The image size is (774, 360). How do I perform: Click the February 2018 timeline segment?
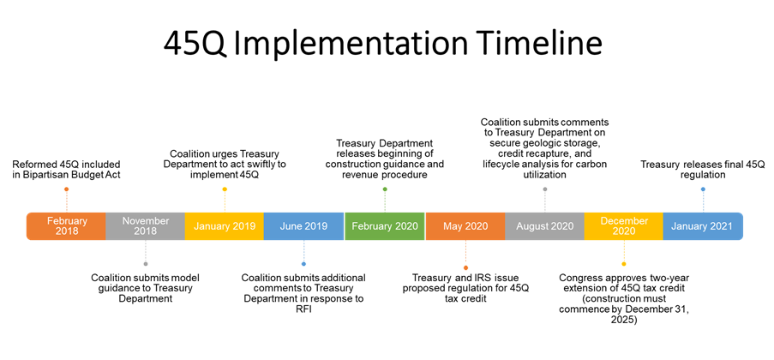pyautogui.click(x=67, y=226)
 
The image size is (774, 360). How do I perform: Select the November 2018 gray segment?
pyautogui.click(x=146, y=226)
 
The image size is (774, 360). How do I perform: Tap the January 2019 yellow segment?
pyautogui.click(x=225, y=226)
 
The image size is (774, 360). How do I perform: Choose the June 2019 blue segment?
pyautogui.click(x=303, y=226)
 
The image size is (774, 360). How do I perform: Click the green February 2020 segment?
pyautogui.click(x=385, y=226)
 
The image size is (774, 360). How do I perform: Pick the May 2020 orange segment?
pyautogui.click(x=465, y=226)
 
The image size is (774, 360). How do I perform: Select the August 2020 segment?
pyautogui.click(x=544, y=226)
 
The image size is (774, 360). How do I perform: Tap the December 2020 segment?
pyautogui.click(x=624, y=226)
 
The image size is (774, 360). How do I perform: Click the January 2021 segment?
pyautogui.click(x=702, y=226)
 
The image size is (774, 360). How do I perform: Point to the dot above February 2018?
pyautogui.click(x=66, y=189)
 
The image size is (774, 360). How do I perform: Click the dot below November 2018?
pyautogui.click(x=146, y=264)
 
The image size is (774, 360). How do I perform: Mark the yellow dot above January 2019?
pyautogui.click(x=225, y=189)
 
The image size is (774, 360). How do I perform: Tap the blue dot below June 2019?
pyautogui.click(x=303, y=264)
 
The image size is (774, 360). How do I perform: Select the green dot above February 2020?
pyautogui.click(x=385, y=189)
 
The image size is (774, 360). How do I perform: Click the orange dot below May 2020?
pyautogui.click(x=465, y=268)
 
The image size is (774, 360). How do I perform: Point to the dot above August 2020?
pyautogui.click(x=545, y=189)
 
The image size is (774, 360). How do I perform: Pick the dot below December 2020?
pyautogui.click(x=624, y=264)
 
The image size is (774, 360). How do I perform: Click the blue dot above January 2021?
pyautogui.click(x=703, y=189)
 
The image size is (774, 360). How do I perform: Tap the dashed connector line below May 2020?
pyautogui.click(x=465, y=253)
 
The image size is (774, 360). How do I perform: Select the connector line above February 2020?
pyautogui.click(x=385, y=202)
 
